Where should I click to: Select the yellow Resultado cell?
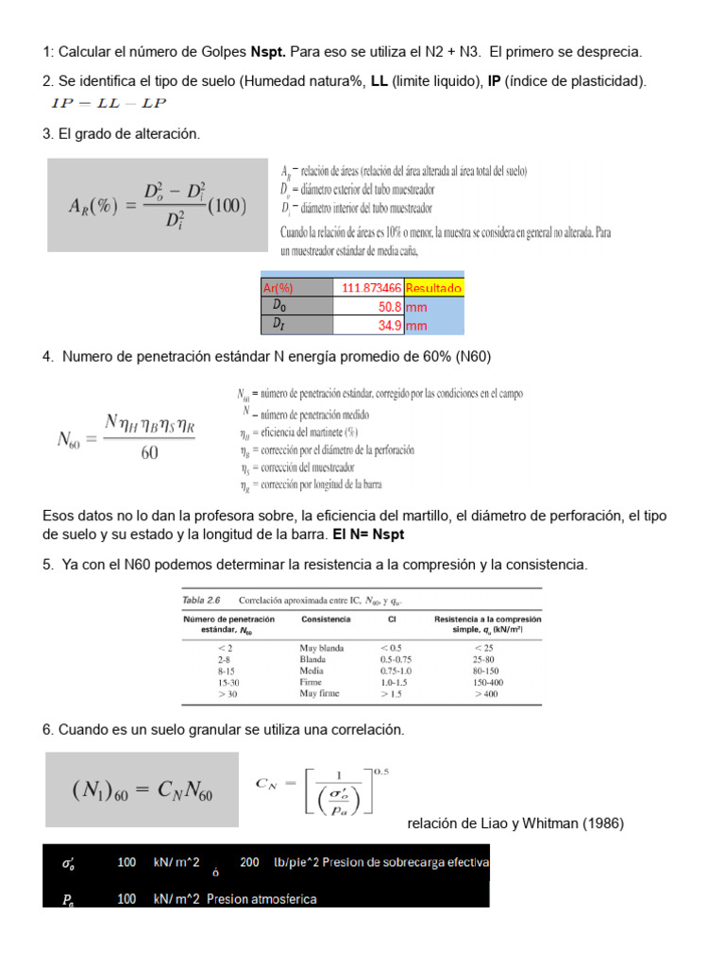pos(433,287)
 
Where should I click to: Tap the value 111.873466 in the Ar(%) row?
pos(369,287)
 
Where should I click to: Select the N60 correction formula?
pos(126,438)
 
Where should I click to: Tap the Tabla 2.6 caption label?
pos(201,599)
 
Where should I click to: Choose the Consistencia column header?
pos(326,619)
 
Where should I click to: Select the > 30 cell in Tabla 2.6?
pos(227,693)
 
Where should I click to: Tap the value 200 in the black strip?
pos(250,862)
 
